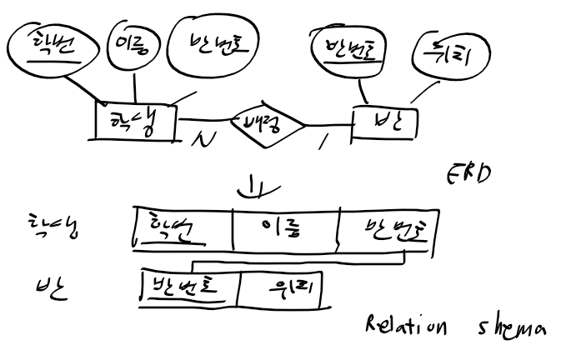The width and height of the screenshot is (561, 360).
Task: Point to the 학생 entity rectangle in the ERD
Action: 133,123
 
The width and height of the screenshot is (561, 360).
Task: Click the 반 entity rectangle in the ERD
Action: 383,122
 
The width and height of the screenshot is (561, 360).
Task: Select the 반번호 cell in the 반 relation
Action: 188,287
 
